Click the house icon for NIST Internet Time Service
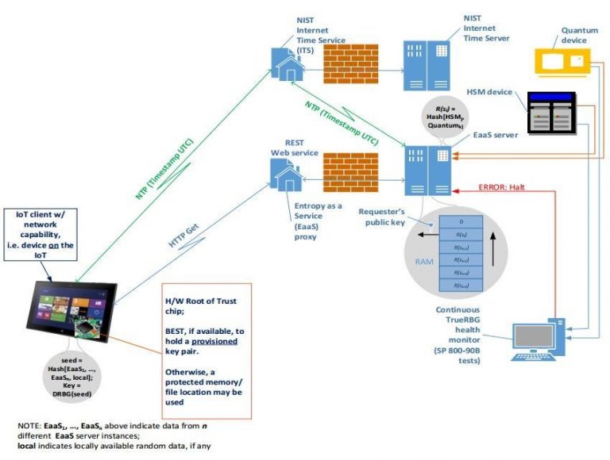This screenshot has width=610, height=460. tap(285, 64)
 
